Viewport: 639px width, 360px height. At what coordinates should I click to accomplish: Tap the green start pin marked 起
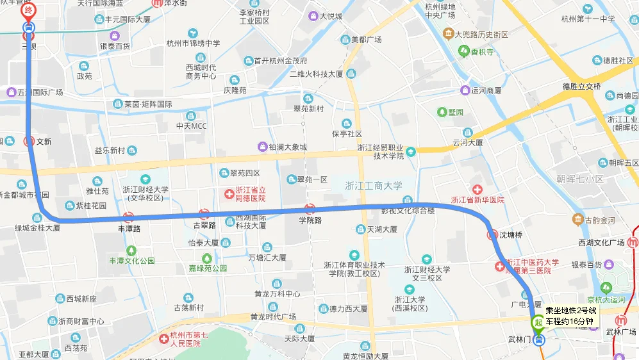538,320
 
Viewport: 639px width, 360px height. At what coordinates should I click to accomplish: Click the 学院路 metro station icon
310,209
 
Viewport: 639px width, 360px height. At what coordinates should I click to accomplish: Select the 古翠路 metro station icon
204,214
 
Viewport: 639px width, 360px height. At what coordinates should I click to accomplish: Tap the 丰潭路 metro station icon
128,217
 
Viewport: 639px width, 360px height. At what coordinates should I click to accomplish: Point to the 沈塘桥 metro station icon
494,234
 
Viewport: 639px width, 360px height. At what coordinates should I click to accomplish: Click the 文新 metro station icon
28,141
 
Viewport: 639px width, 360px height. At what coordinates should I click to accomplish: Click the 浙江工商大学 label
374,186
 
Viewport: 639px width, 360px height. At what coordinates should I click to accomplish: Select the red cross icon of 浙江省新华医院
477,190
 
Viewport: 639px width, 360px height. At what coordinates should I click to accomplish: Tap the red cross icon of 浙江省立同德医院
229,193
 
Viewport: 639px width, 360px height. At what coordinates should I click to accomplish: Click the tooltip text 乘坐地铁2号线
571,311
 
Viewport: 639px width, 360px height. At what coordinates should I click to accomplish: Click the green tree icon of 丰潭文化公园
131,250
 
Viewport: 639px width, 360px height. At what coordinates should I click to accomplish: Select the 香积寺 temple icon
459,53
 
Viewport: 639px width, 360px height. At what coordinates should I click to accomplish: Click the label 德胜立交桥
581,86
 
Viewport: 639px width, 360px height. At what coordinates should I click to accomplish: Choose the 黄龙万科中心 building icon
276,283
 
